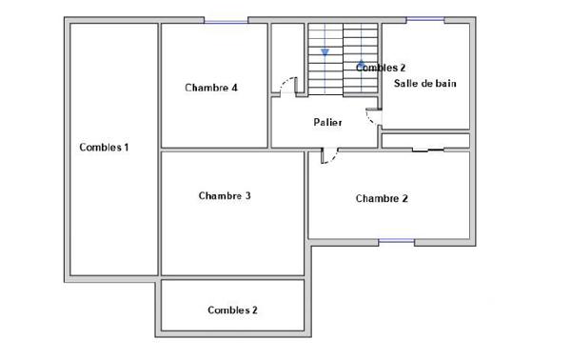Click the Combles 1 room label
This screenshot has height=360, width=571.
click(x=105, y=148)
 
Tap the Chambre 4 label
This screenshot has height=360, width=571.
click(x=210, y=88)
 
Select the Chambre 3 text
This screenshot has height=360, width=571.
click(x=225, y=196)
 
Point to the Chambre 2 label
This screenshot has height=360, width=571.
click(x=382, y=199)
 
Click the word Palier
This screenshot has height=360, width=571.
click(x=328, y=123)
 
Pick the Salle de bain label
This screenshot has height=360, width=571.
click(x=425, y=84)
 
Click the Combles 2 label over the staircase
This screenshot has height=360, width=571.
click(x=381, y=69)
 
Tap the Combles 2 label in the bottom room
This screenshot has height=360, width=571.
click(x=232, y=310)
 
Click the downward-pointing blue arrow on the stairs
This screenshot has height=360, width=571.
click(x=325, y=52)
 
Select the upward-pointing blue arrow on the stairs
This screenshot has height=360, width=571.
click(x=362, y=65)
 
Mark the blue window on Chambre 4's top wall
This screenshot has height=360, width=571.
click(x=226, y=20)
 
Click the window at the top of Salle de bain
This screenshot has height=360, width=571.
click(x=425, y=20)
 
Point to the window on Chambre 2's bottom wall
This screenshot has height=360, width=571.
click(x=396, y=241)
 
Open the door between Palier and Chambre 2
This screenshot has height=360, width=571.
click(x=328, y=155)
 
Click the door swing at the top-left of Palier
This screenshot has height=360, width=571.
click(x=285, y=86)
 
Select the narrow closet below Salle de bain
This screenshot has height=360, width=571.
click(x=425, y=141)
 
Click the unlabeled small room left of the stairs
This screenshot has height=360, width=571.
click(x=286, y=52)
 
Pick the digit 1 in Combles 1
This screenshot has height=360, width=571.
click(x=126, y=148)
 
